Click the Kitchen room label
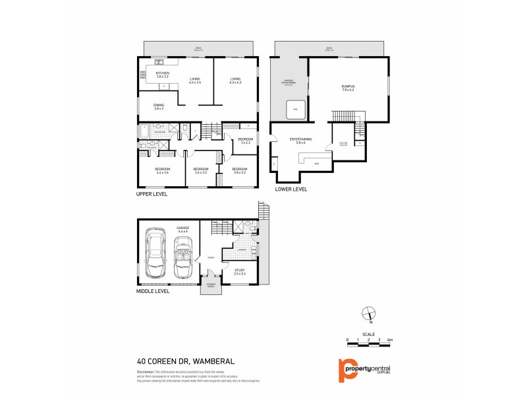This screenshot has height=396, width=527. click(x=163, y=75)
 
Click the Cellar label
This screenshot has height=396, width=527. click(x=343, y=143)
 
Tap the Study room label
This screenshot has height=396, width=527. click(x=240, y=271)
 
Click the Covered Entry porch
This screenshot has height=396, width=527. click(x=211, y=285)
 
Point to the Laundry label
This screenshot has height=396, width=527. click(x=242, y=249)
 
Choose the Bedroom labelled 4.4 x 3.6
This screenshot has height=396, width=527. click(x=163, y=170)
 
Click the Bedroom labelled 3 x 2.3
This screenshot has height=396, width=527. click(x=244, y=141)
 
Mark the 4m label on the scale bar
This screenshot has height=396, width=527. click(x=391, y=339)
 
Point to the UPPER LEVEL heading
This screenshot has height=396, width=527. click(x=152, y=195)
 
